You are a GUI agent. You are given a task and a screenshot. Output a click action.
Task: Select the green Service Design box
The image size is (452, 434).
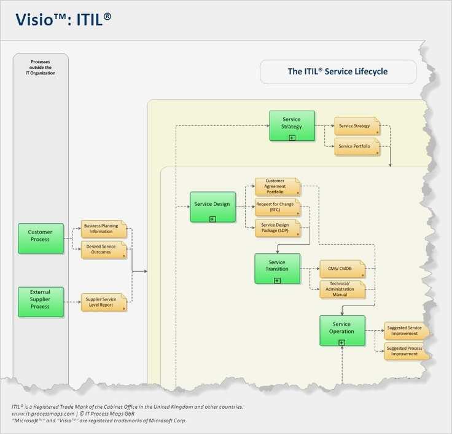[x=212, y=207]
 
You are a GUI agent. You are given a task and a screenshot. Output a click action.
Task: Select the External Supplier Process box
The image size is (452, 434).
[x=41, y=302]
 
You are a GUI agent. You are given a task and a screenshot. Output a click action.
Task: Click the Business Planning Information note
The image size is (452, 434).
[x=103, y=229]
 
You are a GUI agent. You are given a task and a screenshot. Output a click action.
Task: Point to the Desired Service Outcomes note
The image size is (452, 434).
[x=103, y=249]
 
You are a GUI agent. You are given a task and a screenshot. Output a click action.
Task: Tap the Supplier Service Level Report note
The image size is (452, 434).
[x=103, y=302]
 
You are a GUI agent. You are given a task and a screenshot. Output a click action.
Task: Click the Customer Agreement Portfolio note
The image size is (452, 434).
[x=277, y=186]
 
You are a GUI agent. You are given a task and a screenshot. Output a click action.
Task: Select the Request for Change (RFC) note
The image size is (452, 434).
[x=277, y=207]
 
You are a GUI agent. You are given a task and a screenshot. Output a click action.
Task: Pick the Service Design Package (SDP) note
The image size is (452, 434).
[x=277, y=228]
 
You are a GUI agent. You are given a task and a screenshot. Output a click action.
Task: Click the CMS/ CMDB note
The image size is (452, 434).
[x=341, y=269]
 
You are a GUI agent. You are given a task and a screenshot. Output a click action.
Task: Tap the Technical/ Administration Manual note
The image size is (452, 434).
[x=341, y=290]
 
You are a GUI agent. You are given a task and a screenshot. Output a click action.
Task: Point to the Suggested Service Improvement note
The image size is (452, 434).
[x=405, y=330]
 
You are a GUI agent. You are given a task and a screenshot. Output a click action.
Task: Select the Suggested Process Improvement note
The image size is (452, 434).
[x=405, y=351]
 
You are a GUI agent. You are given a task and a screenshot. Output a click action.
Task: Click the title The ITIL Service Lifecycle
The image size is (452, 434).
[x=338, y=71]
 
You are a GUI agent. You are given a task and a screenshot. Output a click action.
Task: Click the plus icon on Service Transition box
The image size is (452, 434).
[x=277, y=280]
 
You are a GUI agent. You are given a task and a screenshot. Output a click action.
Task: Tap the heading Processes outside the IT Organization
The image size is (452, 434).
[x=41, y=67]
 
